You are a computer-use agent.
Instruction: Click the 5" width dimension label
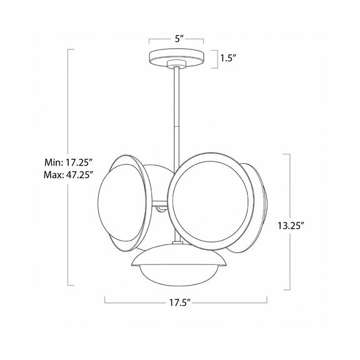click(179, 39)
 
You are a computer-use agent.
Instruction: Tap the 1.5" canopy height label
click(228, 58)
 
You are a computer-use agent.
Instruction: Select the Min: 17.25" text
click(68, 162)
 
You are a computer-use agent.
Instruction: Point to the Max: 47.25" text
click(68, 175)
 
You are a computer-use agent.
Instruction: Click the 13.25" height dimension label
click(291, 226)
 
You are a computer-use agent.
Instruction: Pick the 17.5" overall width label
click(181, 302)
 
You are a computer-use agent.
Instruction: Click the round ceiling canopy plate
click(176, 57)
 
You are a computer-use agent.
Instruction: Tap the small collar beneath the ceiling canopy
click(176, 64)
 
